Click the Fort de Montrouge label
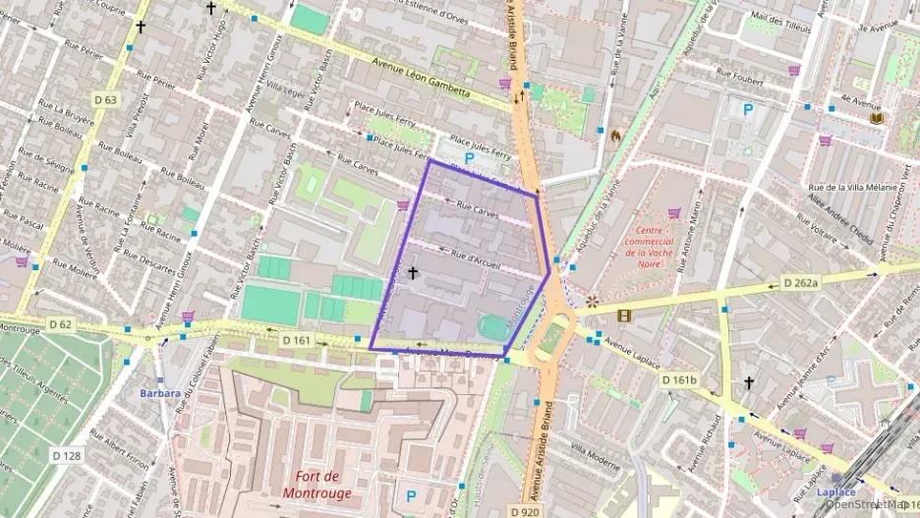[x=316, y=485]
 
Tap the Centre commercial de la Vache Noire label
[x=661, y=246]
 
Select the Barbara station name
[x=159, y=394]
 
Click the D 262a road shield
[x=800, y=283]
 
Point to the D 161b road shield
[x=678, y=379]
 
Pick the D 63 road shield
[x=105, y=99]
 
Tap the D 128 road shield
[x=66, y=455]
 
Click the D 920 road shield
[x=527, y=512]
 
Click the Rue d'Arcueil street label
[x=476, y=258]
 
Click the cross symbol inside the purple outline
[x=412, y=272]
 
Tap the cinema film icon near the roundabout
[x=624, y=316]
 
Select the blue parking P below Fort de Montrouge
[x=411, y=496]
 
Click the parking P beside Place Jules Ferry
[x=469, y=157]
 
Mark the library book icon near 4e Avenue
[x=877, y=118]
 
